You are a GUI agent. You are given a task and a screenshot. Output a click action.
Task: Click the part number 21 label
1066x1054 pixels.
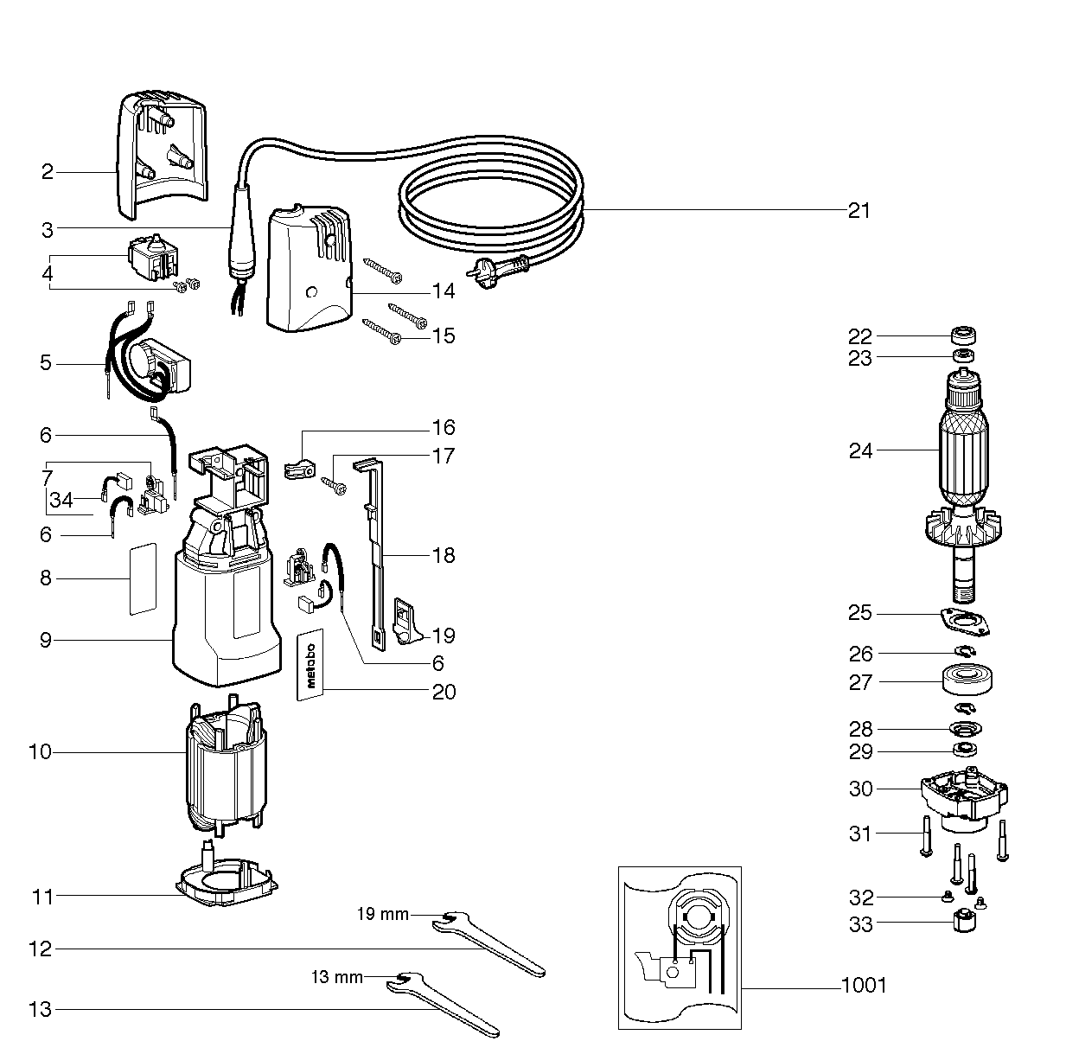click(859, 210)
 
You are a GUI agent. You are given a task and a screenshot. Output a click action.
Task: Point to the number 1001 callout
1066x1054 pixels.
click(864, 985)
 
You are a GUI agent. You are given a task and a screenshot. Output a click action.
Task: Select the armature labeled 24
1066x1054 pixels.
click(962, 458)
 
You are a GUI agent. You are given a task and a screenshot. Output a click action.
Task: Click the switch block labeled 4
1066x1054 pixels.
click(152, 258)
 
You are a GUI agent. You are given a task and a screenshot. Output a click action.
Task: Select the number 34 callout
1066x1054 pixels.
click(61, 500)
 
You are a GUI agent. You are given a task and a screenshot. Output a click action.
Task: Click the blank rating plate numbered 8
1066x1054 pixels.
click(142, 578)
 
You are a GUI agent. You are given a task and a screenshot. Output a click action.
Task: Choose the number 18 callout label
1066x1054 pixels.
click(444, 555)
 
